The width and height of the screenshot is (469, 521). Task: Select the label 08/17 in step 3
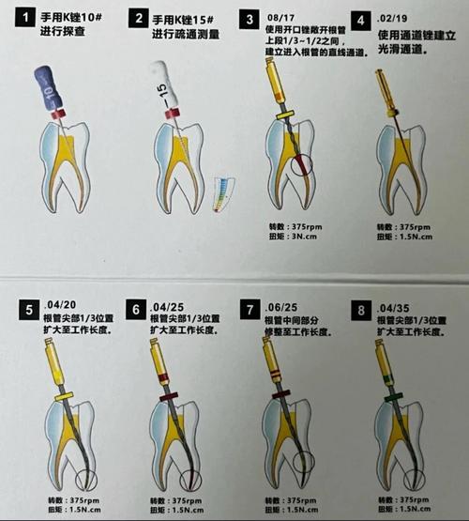(x=281, y=17)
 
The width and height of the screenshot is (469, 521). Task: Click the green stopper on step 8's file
(x=387, y=398)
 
